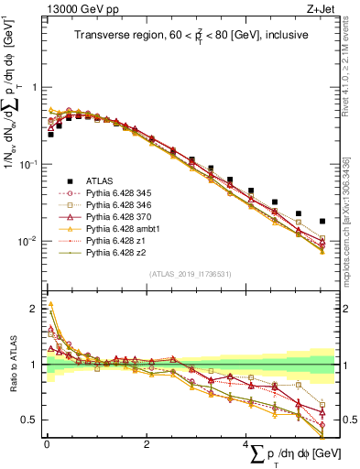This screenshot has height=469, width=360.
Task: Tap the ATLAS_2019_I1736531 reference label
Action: click(189, 273)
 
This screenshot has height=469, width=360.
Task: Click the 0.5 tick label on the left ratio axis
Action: click(28, 420)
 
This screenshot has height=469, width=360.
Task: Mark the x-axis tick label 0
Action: click(47, 444)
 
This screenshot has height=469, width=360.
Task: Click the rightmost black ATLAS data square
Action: click(322, 221)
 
